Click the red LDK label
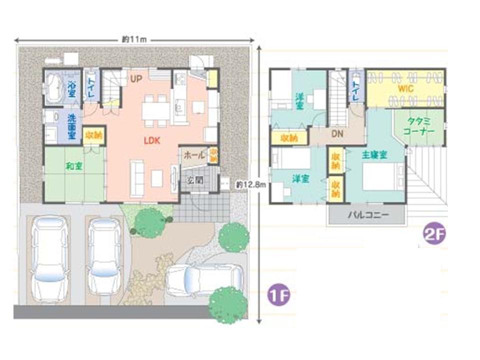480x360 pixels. (151, 141)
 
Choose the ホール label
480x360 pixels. (194, 155)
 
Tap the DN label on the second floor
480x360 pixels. (337, 134)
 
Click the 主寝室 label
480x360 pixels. (374, 155)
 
